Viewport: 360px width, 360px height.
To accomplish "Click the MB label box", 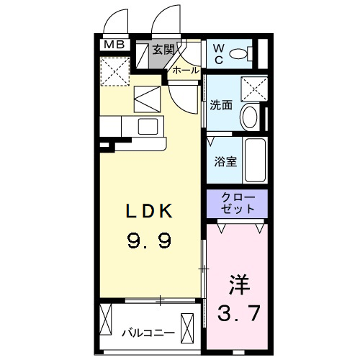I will tap(114, 45).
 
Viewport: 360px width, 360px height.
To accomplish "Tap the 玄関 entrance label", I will tap(163, 50).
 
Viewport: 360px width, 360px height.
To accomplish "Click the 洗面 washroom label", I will tap(221, 105).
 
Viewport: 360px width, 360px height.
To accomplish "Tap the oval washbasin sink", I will tap(251, 117).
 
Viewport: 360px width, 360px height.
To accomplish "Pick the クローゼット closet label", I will tap(237, 203).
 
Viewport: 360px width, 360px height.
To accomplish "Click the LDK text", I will tap(150, 212).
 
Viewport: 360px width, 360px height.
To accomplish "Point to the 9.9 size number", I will tap(150, 240).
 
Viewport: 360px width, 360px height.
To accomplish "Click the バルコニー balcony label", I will tap(148, 333).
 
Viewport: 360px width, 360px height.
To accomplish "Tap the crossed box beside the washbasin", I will tap(253, 89).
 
